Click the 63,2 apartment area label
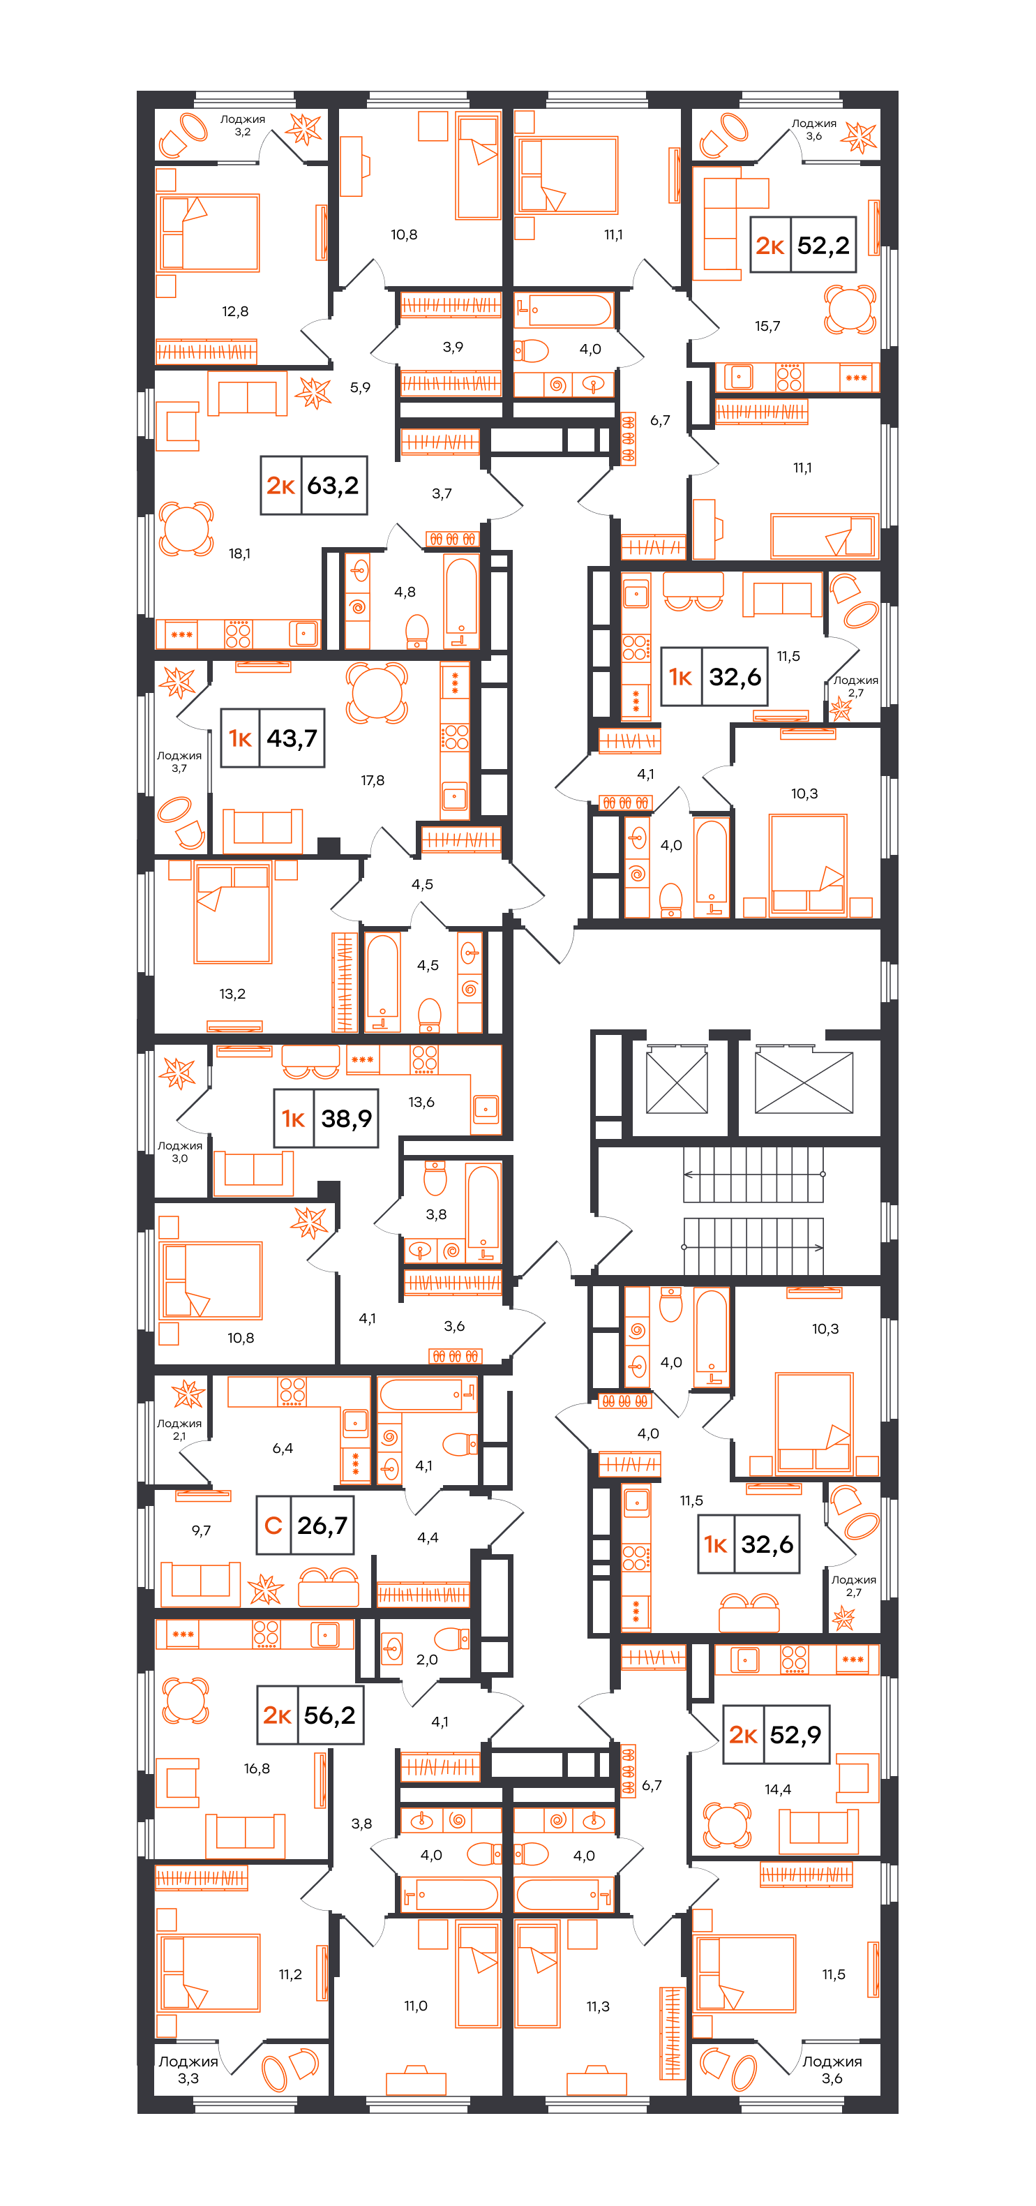coord(313,486)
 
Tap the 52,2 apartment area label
coord(803,245)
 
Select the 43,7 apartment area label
coord(272,738)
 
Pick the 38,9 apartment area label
coord(325,1119)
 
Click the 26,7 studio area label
coord(305,1525)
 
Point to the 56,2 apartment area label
coord(310,1715)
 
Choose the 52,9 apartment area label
coord(776,1735)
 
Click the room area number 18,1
coord(240,554)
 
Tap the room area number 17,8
coord(373,780)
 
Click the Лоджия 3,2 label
coord(242,126)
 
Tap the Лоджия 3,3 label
coord(188,2070)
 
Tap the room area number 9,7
coord(201,1530)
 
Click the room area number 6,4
coord(283,1448)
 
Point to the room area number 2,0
coord(426,1660)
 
